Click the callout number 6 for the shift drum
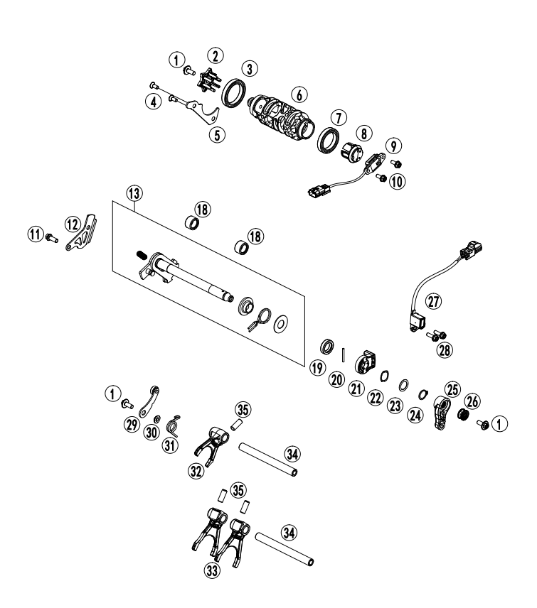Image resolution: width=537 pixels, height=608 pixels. [x=299, y=95]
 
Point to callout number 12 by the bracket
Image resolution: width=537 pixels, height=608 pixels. [x=74, y=224]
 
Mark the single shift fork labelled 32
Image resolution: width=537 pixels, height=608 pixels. [x=212, y=442]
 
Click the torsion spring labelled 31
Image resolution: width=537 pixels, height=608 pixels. [x=171, y=425]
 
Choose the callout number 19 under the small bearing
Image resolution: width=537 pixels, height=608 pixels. [x=317, y=367]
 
